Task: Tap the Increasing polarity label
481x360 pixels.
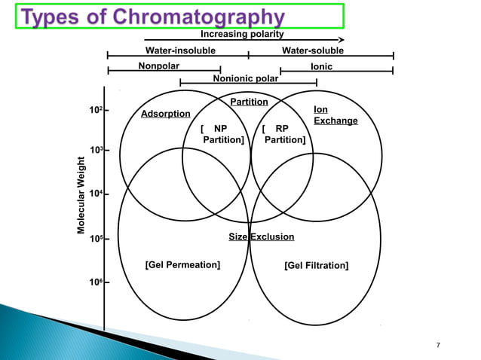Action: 242,34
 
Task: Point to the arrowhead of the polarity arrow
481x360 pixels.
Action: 341,40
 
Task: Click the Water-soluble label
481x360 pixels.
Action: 312,50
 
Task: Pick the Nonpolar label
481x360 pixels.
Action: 158,66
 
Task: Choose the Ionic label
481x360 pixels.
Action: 322,67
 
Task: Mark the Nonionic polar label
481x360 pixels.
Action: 246,78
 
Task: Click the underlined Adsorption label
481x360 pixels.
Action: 165,114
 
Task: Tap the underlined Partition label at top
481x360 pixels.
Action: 249,102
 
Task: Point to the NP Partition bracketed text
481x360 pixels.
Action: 222,134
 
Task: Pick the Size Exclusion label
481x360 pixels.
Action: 261,236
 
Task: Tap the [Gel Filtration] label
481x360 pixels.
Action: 316,265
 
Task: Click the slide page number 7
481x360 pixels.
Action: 439,345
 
